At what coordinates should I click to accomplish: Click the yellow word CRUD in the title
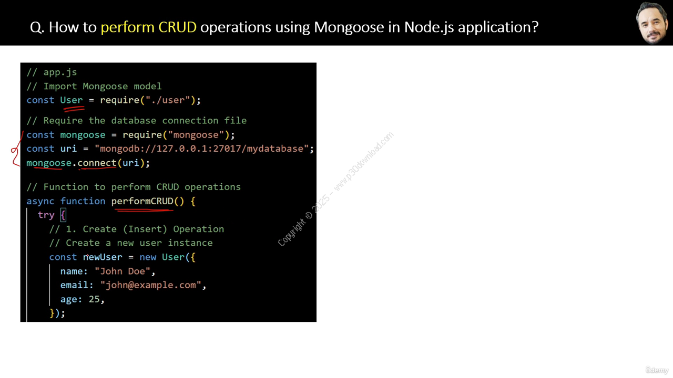coord(177,27)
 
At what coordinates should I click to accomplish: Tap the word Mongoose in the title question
coord(349,28)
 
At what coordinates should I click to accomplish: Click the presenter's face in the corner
coord(652,24)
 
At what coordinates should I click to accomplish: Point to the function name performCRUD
coord(142,201)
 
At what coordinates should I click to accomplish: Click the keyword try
coord(46,215)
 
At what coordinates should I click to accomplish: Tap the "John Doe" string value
coord(123,271)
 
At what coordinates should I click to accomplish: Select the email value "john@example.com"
coord(151,285)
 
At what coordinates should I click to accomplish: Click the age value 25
coord(94,299)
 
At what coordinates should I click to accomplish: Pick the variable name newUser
coord(103,257)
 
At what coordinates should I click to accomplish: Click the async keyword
coord(40,201)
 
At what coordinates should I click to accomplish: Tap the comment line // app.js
coord(52,72)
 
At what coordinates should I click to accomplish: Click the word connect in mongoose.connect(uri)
coord(97,163)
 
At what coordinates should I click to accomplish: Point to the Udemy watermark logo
coord(657,370)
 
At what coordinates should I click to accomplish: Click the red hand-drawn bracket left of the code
coord(16,149)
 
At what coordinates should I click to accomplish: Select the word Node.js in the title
coord(429,28)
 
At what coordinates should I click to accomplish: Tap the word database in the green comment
coord(134,121)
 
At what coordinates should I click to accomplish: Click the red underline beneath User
coord(74,109)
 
